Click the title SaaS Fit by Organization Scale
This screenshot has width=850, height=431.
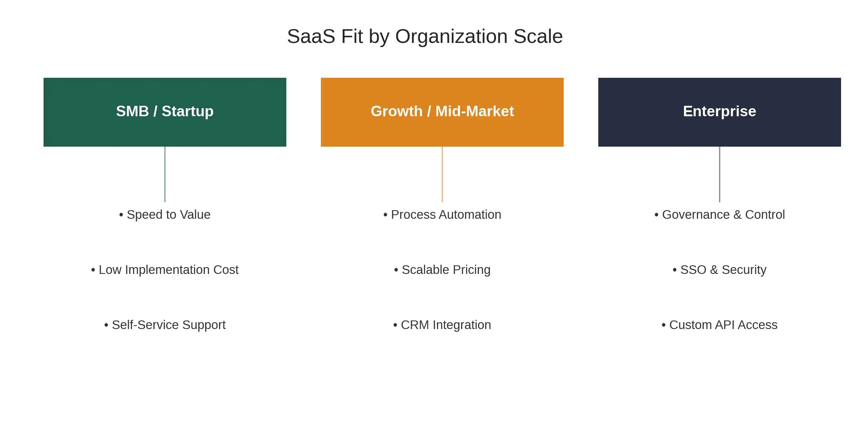click(x=425, y=36)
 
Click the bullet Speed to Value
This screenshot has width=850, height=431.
click(x=165, y=215)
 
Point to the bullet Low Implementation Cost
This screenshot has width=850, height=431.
click(x=165, y=270)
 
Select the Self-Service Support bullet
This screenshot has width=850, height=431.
click(x=165, y=325)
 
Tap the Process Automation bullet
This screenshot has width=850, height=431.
click(x=442, y=215)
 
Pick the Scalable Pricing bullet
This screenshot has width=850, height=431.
click(x=442, y=270)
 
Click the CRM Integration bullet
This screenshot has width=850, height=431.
click(x=442, y=325)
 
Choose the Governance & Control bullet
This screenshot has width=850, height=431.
click(x=719, y=215)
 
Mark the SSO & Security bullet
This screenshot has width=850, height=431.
click(x=719, y=270)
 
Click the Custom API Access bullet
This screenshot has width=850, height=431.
click(x=719, y=325)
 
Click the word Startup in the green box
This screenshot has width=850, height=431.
click(x=187, y=111)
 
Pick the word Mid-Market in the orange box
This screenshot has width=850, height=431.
click(x=475, y=111)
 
